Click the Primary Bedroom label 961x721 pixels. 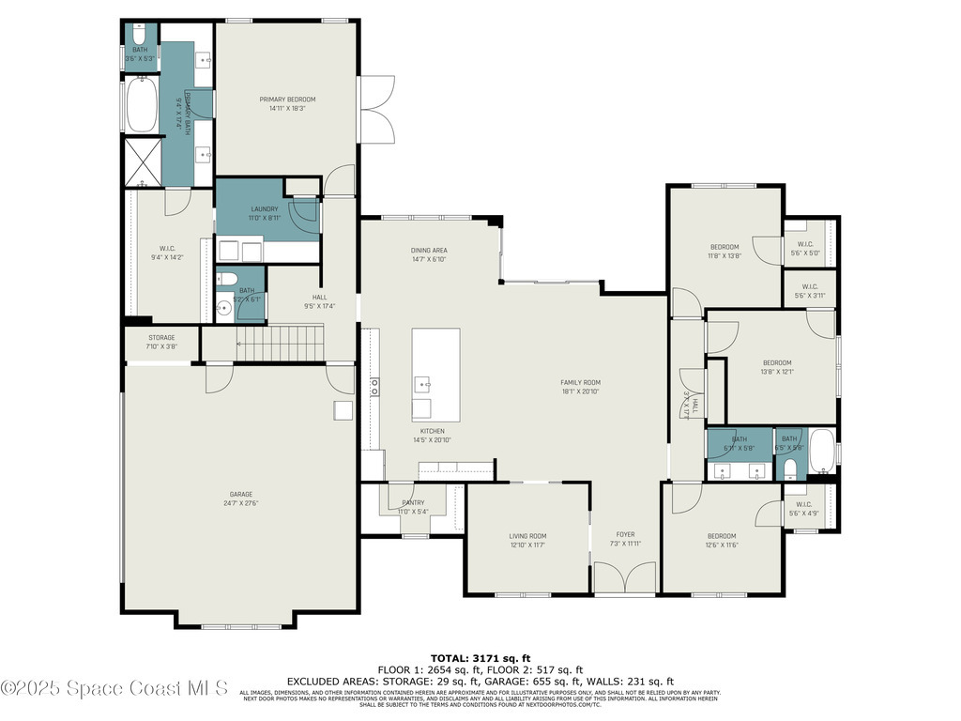[x=287, y=100]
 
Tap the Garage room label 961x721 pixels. [x=241, y=494]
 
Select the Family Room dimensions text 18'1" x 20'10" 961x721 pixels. [x=580, y=391]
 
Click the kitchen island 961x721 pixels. [x=435, y=375]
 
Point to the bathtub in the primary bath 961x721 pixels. [x=144, y=105]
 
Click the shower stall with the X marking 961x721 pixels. [x=143, y=161]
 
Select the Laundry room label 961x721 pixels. [x=265, y=208]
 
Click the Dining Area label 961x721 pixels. [x=429, y=251]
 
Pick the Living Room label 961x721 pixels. [x=527, y=536]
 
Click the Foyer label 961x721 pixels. [x=625, y=535]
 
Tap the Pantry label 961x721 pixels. [x=414, y=503]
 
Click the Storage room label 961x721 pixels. [x=161, y=338]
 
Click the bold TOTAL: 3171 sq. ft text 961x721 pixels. [x=480, y=657]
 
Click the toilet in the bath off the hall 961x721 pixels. [x=226, y=279]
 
